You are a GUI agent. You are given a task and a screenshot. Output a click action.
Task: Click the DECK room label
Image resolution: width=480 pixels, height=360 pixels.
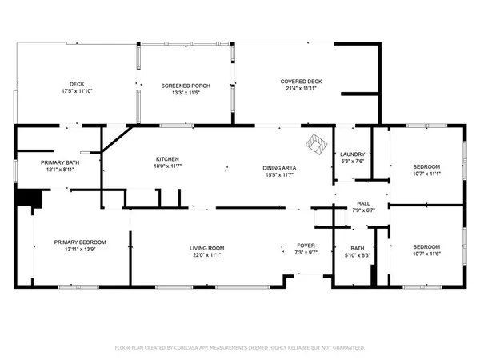coord(77,83)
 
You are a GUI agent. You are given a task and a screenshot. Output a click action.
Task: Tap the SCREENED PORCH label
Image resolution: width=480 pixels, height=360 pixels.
coord(185,85)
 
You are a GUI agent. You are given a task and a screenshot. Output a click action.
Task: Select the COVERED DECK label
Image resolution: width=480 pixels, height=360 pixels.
coord(301,82)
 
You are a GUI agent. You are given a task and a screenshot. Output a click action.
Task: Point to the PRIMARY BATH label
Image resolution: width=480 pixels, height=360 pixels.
coord(60,162)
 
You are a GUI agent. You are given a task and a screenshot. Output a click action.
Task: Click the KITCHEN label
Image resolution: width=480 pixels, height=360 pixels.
coord(166,158)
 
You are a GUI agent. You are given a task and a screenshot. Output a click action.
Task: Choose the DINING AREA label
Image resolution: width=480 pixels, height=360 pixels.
coord(278,167)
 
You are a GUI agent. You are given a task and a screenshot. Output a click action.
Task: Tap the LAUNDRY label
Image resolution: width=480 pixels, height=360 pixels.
coord(352,154)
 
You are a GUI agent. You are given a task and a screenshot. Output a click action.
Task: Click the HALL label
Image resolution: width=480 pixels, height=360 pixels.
coord(362,204)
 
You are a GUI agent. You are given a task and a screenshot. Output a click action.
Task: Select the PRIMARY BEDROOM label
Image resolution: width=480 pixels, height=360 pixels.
coord(80,242)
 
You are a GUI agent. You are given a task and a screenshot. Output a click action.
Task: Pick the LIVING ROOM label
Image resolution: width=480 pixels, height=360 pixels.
coord(206,248)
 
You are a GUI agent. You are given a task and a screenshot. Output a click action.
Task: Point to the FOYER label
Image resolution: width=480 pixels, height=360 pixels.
coord(306,246)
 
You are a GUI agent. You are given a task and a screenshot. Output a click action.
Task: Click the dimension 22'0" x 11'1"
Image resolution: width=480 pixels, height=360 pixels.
coord(206,255)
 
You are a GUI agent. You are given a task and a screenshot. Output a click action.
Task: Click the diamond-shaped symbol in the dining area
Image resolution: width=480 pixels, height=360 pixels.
coord(317,145)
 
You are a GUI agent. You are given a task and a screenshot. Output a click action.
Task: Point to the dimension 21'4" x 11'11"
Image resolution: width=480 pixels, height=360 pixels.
coord(301,90)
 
